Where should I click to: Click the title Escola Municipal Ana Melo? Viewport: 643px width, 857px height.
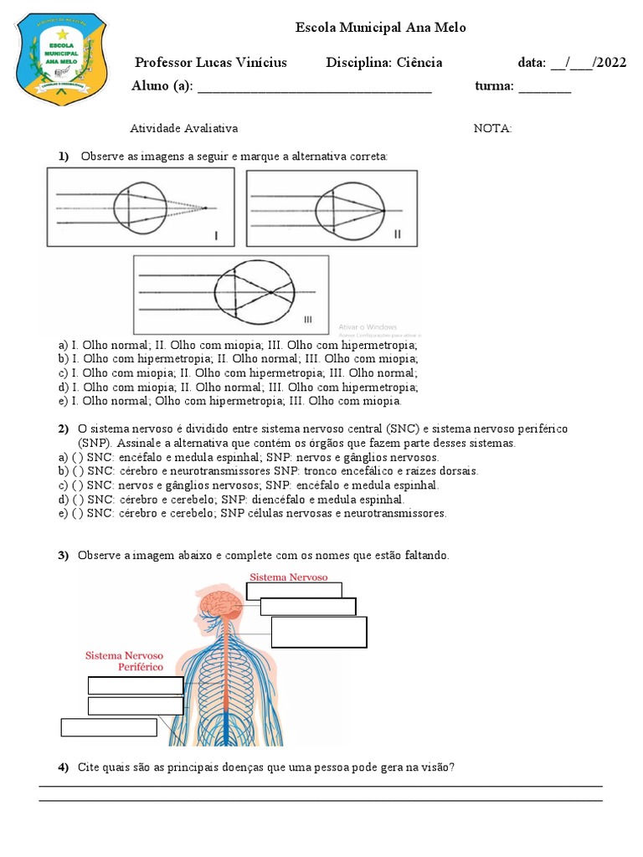coord(381,28)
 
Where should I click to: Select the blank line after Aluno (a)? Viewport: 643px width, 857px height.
coord(314,88)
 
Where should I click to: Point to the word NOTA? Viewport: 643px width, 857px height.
coord(492,128)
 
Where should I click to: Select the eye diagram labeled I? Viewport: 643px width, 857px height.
coord(141,207)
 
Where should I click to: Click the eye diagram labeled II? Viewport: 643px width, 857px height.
coord(331,208)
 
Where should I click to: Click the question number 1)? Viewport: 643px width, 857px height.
coord(63,157)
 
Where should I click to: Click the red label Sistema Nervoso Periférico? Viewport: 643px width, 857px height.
coord(125,661)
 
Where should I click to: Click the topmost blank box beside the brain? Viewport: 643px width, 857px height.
coord(294,590)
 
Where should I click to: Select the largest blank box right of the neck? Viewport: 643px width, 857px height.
coord(319,632)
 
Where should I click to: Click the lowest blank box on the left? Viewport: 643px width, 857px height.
coord(109,727)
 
